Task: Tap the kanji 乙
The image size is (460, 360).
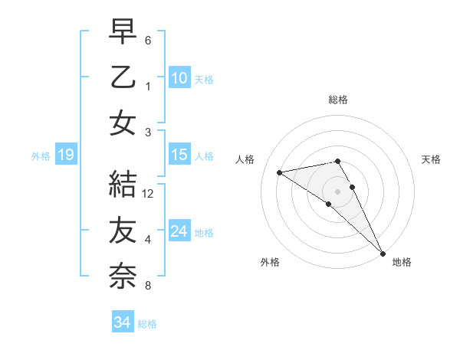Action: [123, 78]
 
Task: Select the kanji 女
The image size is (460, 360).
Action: [123, 123]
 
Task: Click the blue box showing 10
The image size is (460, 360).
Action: [179, 78]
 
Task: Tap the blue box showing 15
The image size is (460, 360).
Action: [179, 155]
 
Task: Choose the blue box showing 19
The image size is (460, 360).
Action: [65, 155]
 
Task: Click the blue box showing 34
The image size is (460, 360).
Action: [122, 323]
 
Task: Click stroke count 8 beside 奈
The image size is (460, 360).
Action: [148, 286]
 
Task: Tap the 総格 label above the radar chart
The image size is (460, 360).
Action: [337, 100]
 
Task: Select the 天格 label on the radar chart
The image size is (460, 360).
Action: [431, 159]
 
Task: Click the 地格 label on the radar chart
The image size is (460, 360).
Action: [402, 262]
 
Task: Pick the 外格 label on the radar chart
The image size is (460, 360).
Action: [270, 262]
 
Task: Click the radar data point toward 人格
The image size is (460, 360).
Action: [279, 172]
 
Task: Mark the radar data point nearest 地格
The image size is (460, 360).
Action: [382, 253]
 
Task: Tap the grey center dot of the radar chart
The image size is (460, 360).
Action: [337, 191]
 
